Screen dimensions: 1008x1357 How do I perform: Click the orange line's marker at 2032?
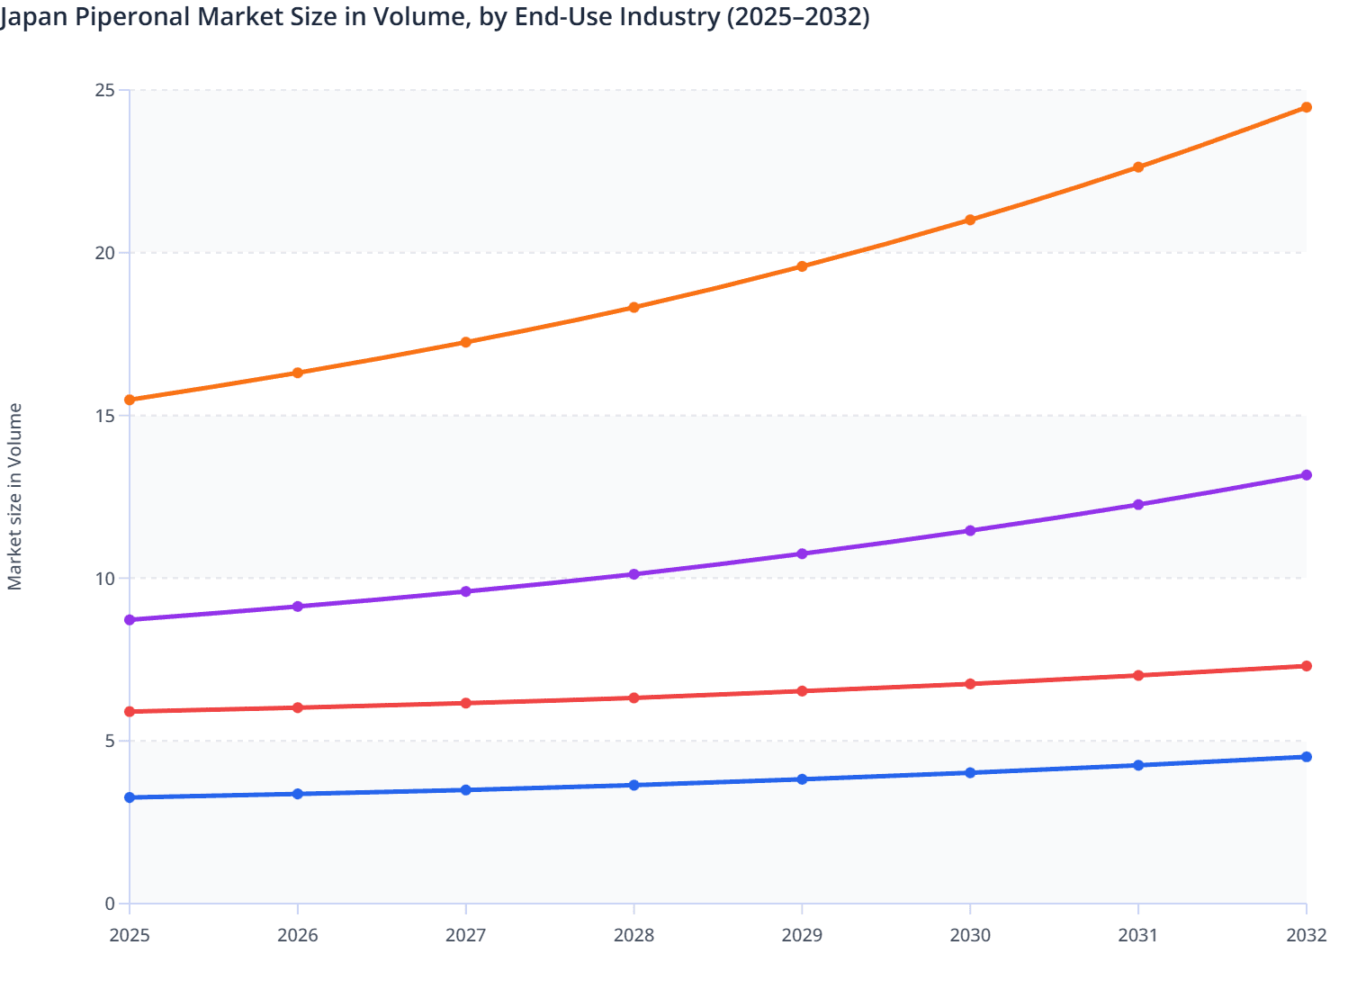pos(1306,107)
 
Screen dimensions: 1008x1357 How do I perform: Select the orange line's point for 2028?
pos(634,308)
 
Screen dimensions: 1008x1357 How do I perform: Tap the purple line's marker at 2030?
pos(970,531)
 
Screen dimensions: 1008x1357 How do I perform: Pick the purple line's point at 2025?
pos(130,620)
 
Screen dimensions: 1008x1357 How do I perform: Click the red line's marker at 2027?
pos(466,703)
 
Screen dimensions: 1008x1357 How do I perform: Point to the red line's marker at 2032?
pos(1306,666)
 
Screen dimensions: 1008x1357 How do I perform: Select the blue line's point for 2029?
pos(802,779)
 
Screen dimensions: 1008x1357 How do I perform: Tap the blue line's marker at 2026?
pos(298,794)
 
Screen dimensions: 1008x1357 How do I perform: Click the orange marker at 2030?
pos(970,220)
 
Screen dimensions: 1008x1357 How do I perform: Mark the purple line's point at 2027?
pos(466,591)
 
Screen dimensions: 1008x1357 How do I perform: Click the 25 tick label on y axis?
pos(105,90)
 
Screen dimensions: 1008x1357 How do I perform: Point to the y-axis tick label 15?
pos(105,416)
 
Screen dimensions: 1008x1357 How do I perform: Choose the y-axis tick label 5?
pos(110,742)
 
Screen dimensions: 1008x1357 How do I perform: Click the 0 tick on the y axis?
pos(110,904)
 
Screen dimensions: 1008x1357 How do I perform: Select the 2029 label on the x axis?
pos(802,936)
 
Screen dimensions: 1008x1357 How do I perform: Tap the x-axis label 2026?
pos(298,936)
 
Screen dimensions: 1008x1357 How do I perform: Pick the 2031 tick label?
pos(1138,936)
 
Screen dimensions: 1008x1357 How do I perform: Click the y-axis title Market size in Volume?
pos(15,497)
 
